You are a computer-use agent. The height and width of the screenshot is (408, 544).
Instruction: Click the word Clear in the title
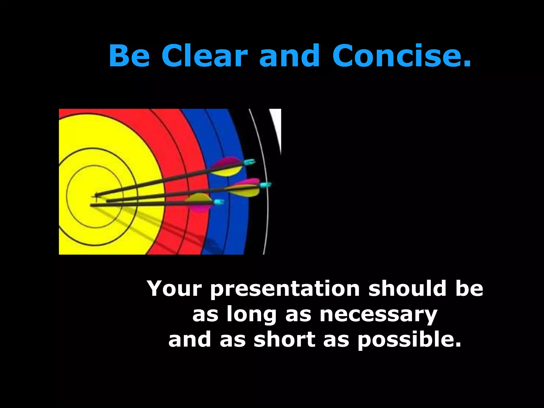coord(205,56)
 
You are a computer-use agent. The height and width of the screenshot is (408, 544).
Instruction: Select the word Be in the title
coord(129,56)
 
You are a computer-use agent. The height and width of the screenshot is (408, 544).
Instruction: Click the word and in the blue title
coord(289,56)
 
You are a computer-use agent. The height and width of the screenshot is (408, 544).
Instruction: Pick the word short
coord(284,340)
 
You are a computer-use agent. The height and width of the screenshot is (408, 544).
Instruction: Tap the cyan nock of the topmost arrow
coord(250,162)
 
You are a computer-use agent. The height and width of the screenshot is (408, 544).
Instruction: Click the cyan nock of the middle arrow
coord(265,185)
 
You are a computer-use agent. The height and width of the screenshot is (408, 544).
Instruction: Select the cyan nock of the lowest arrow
coord(219,202)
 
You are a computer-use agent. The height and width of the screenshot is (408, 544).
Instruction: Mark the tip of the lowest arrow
coord(91,205)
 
